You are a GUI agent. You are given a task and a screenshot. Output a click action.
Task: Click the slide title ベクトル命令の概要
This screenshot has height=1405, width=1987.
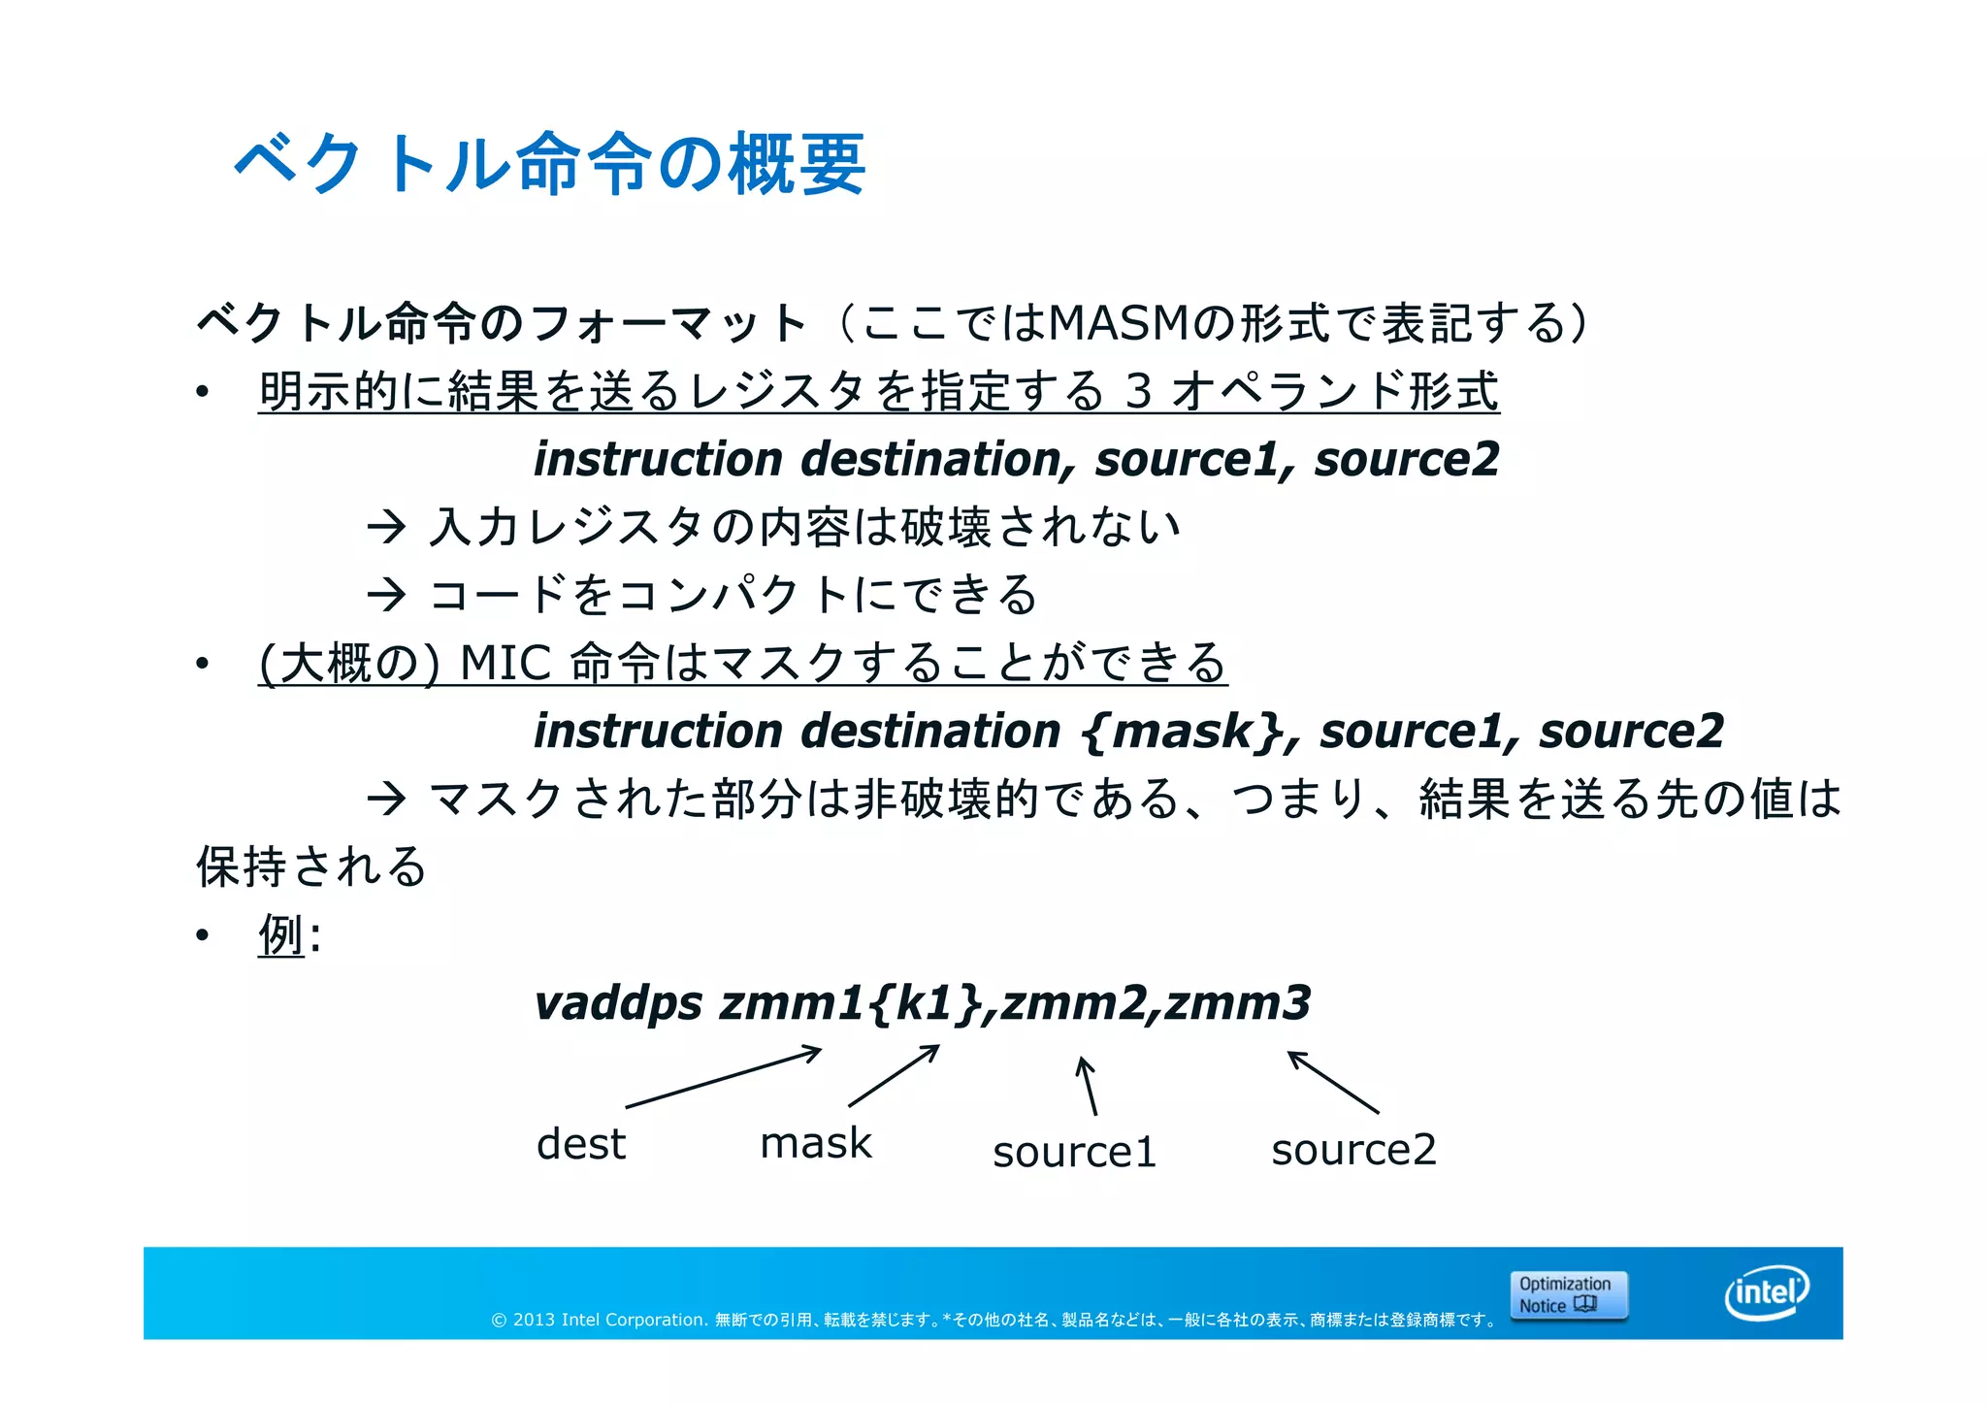pos(549,163)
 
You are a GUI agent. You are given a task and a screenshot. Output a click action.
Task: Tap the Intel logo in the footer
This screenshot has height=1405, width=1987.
pos(1767,1292)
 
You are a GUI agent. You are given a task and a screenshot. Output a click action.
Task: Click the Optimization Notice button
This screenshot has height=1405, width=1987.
pos(1568,1295)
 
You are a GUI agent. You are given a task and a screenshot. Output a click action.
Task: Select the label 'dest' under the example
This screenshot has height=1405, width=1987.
pos(580,1144)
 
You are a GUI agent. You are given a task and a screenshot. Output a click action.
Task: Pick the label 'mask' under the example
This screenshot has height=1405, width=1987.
pos(815,1143)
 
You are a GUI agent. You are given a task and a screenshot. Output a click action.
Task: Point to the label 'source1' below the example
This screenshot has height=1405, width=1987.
pos(1074,1152)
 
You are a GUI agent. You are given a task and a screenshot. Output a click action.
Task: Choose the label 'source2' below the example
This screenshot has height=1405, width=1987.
pos(1353,1150)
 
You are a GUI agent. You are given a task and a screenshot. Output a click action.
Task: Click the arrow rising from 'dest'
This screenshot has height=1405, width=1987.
pos(724,1077)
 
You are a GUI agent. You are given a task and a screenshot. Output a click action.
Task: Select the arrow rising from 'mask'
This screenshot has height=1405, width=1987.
pos(894,1075)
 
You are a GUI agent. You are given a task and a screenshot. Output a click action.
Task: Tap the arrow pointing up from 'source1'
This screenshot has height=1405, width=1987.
pos(1088,1086)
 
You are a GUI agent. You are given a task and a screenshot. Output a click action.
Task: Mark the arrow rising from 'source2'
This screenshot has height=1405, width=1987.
pos(1333,1082)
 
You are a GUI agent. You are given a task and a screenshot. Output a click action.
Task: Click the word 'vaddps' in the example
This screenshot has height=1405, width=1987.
pos(618,1003)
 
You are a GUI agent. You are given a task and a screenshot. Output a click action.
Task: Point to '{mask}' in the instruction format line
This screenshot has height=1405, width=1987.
pos(1182,731)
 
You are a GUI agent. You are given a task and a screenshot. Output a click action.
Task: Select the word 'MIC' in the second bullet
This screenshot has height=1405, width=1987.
pos(505,664)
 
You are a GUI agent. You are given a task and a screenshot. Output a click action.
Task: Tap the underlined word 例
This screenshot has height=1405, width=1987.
pos(281,935)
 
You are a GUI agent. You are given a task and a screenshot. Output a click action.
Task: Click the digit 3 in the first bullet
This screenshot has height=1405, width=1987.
pos(1138,392)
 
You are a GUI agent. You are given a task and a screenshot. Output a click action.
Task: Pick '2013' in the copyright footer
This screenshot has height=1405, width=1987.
pos(534,1320)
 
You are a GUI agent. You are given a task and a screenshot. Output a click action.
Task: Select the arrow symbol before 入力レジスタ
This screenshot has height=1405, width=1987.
pos(386,528)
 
